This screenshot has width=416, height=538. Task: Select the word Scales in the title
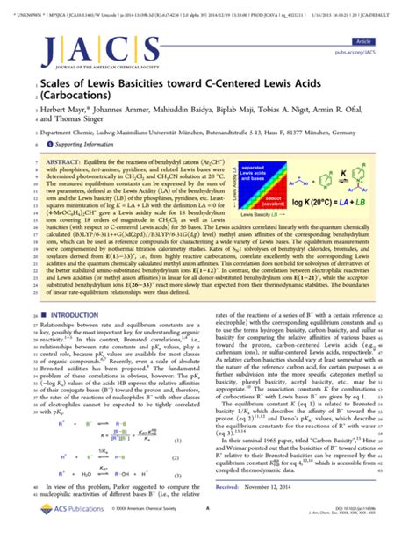coord(52,82)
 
